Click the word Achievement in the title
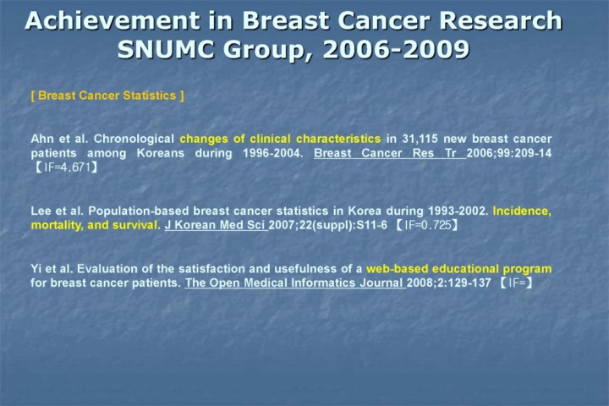[x=112, y=20]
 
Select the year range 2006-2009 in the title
[x=396, y=50]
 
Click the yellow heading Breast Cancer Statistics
[x=107, y=96]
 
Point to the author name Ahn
[x=42, y=139]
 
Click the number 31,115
[x=420, y=139]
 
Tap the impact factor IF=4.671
[x=67, y=167]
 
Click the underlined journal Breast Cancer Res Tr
[x=390, y=153]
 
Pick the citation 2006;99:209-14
[x=509, y=153]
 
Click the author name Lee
[x=41, y=211]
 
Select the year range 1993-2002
[x=458, y=211]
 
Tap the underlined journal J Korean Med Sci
[x=216, y=225]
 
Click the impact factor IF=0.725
[x=428, y=225]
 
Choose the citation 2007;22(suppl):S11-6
[x=328, y=225]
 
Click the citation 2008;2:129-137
[x=449, y=283]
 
